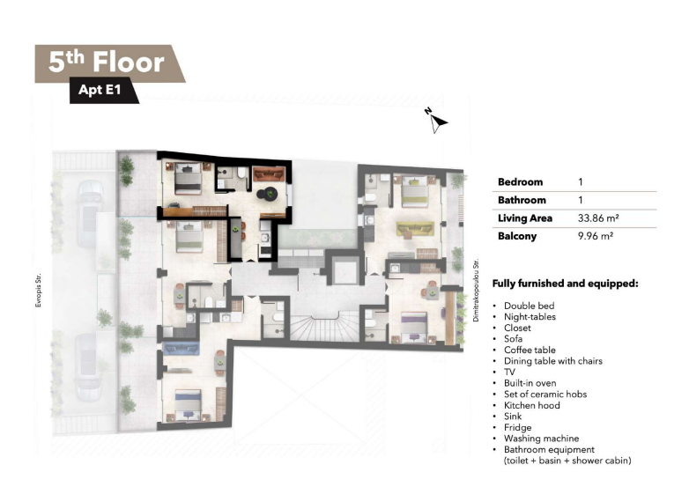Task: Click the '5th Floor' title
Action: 107,62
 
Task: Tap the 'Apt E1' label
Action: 100,90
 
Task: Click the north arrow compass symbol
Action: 435,121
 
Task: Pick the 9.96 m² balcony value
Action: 596,236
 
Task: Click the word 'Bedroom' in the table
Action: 520,181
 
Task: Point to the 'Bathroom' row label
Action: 522,200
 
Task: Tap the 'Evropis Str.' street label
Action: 39,291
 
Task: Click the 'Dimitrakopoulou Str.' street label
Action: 476,291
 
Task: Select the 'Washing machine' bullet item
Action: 541,439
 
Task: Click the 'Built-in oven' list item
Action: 530,383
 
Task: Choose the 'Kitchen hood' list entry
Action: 531,405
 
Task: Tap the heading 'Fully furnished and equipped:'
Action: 565,284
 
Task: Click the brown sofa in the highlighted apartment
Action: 269,173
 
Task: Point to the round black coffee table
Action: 267,194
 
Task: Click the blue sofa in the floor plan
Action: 181,348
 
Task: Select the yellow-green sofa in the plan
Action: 415,229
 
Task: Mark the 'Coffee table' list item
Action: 530,350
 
